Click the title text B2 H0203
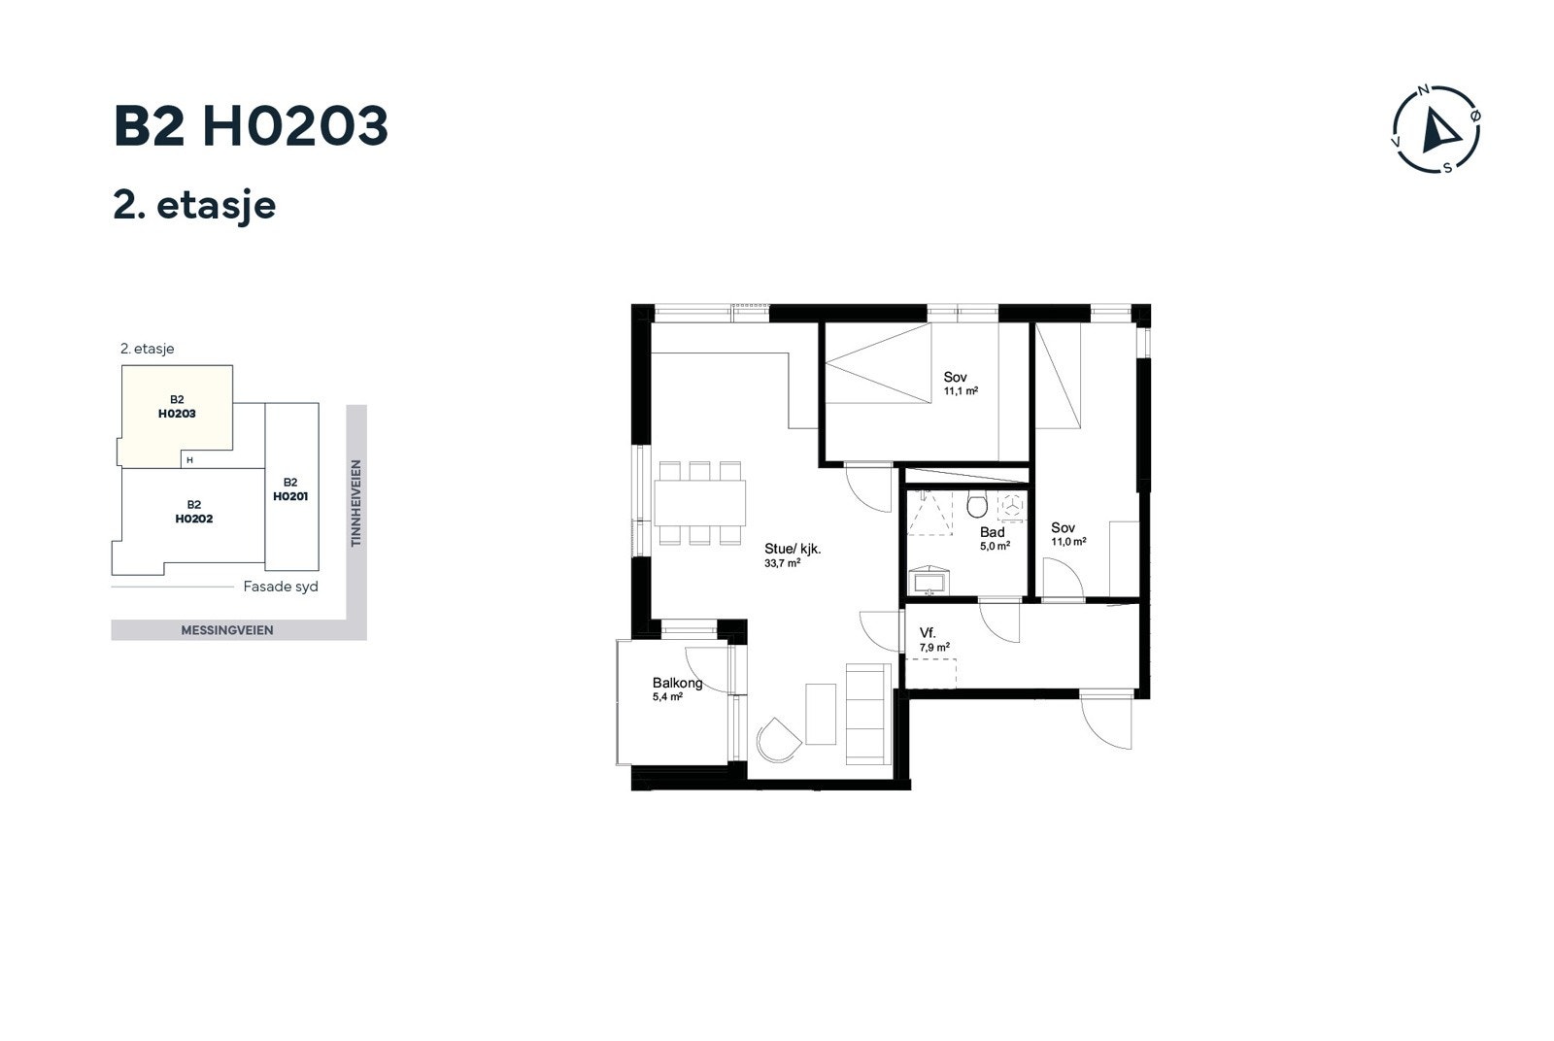(x=251, y=126)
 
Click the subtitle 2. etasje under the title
(x=194, y=206)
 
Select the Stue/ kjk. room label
(x=793, y=549)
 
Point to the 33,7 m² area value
(x=782, y=563)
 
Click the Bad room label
(x=992, y=532)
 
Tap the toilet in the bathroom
(x=977, y=506)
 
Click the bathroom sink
(x=930, y=581)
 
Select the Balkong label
(x=677, y=683)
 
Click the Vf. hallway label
(x=928, y=633)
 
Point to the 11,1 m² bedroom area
(x=960, y=391)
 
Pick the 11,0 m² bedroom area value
(x=1068, y=542)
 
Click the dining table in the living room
(x=700, y=503)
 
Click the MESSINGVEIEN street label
(x=227, y=630)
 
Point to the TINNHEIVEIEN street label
(x=356, y=503)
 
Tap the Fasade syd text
(x=281, y=587)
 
